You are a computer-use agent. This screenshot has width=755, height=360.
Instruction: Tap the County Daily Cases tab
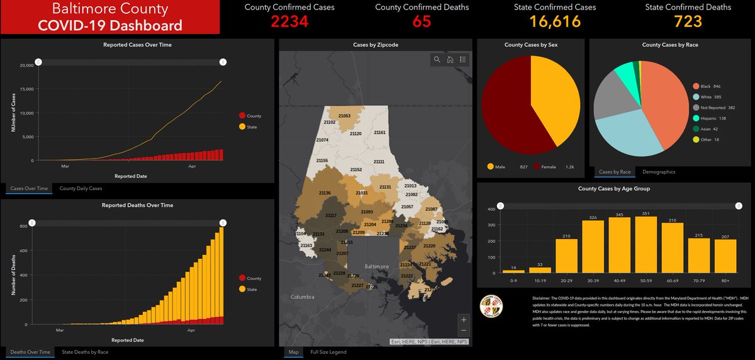[x=81, y=188]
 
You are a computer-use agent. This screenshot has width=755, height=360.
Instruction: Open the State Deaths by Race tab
[x=85, y=352]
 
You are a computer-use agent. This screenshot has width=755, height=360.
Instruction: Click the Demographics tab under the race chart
[x=659, y=171]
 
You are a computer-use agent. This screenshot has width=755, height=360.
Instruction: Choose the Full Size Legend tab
[x=328, y=352]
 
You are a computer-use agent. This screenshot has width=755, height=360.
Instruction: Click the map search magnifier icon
[x=437, y=60]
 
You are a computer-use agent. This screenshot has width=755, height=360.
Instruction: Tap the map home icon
[x=450, y=60]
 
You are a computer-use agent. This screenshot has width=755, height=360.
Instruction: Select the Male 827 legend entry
[x=509, y=167]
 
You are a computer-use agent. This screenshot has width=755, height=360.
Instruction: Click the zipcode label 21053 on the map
[x=344, y=116]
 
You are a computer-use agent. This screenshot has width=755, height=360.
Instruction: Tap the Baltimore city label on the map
[x=377, y=266]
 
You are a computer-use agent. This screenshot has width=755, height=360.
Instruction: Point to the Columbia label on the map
[x=303, y=296]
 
